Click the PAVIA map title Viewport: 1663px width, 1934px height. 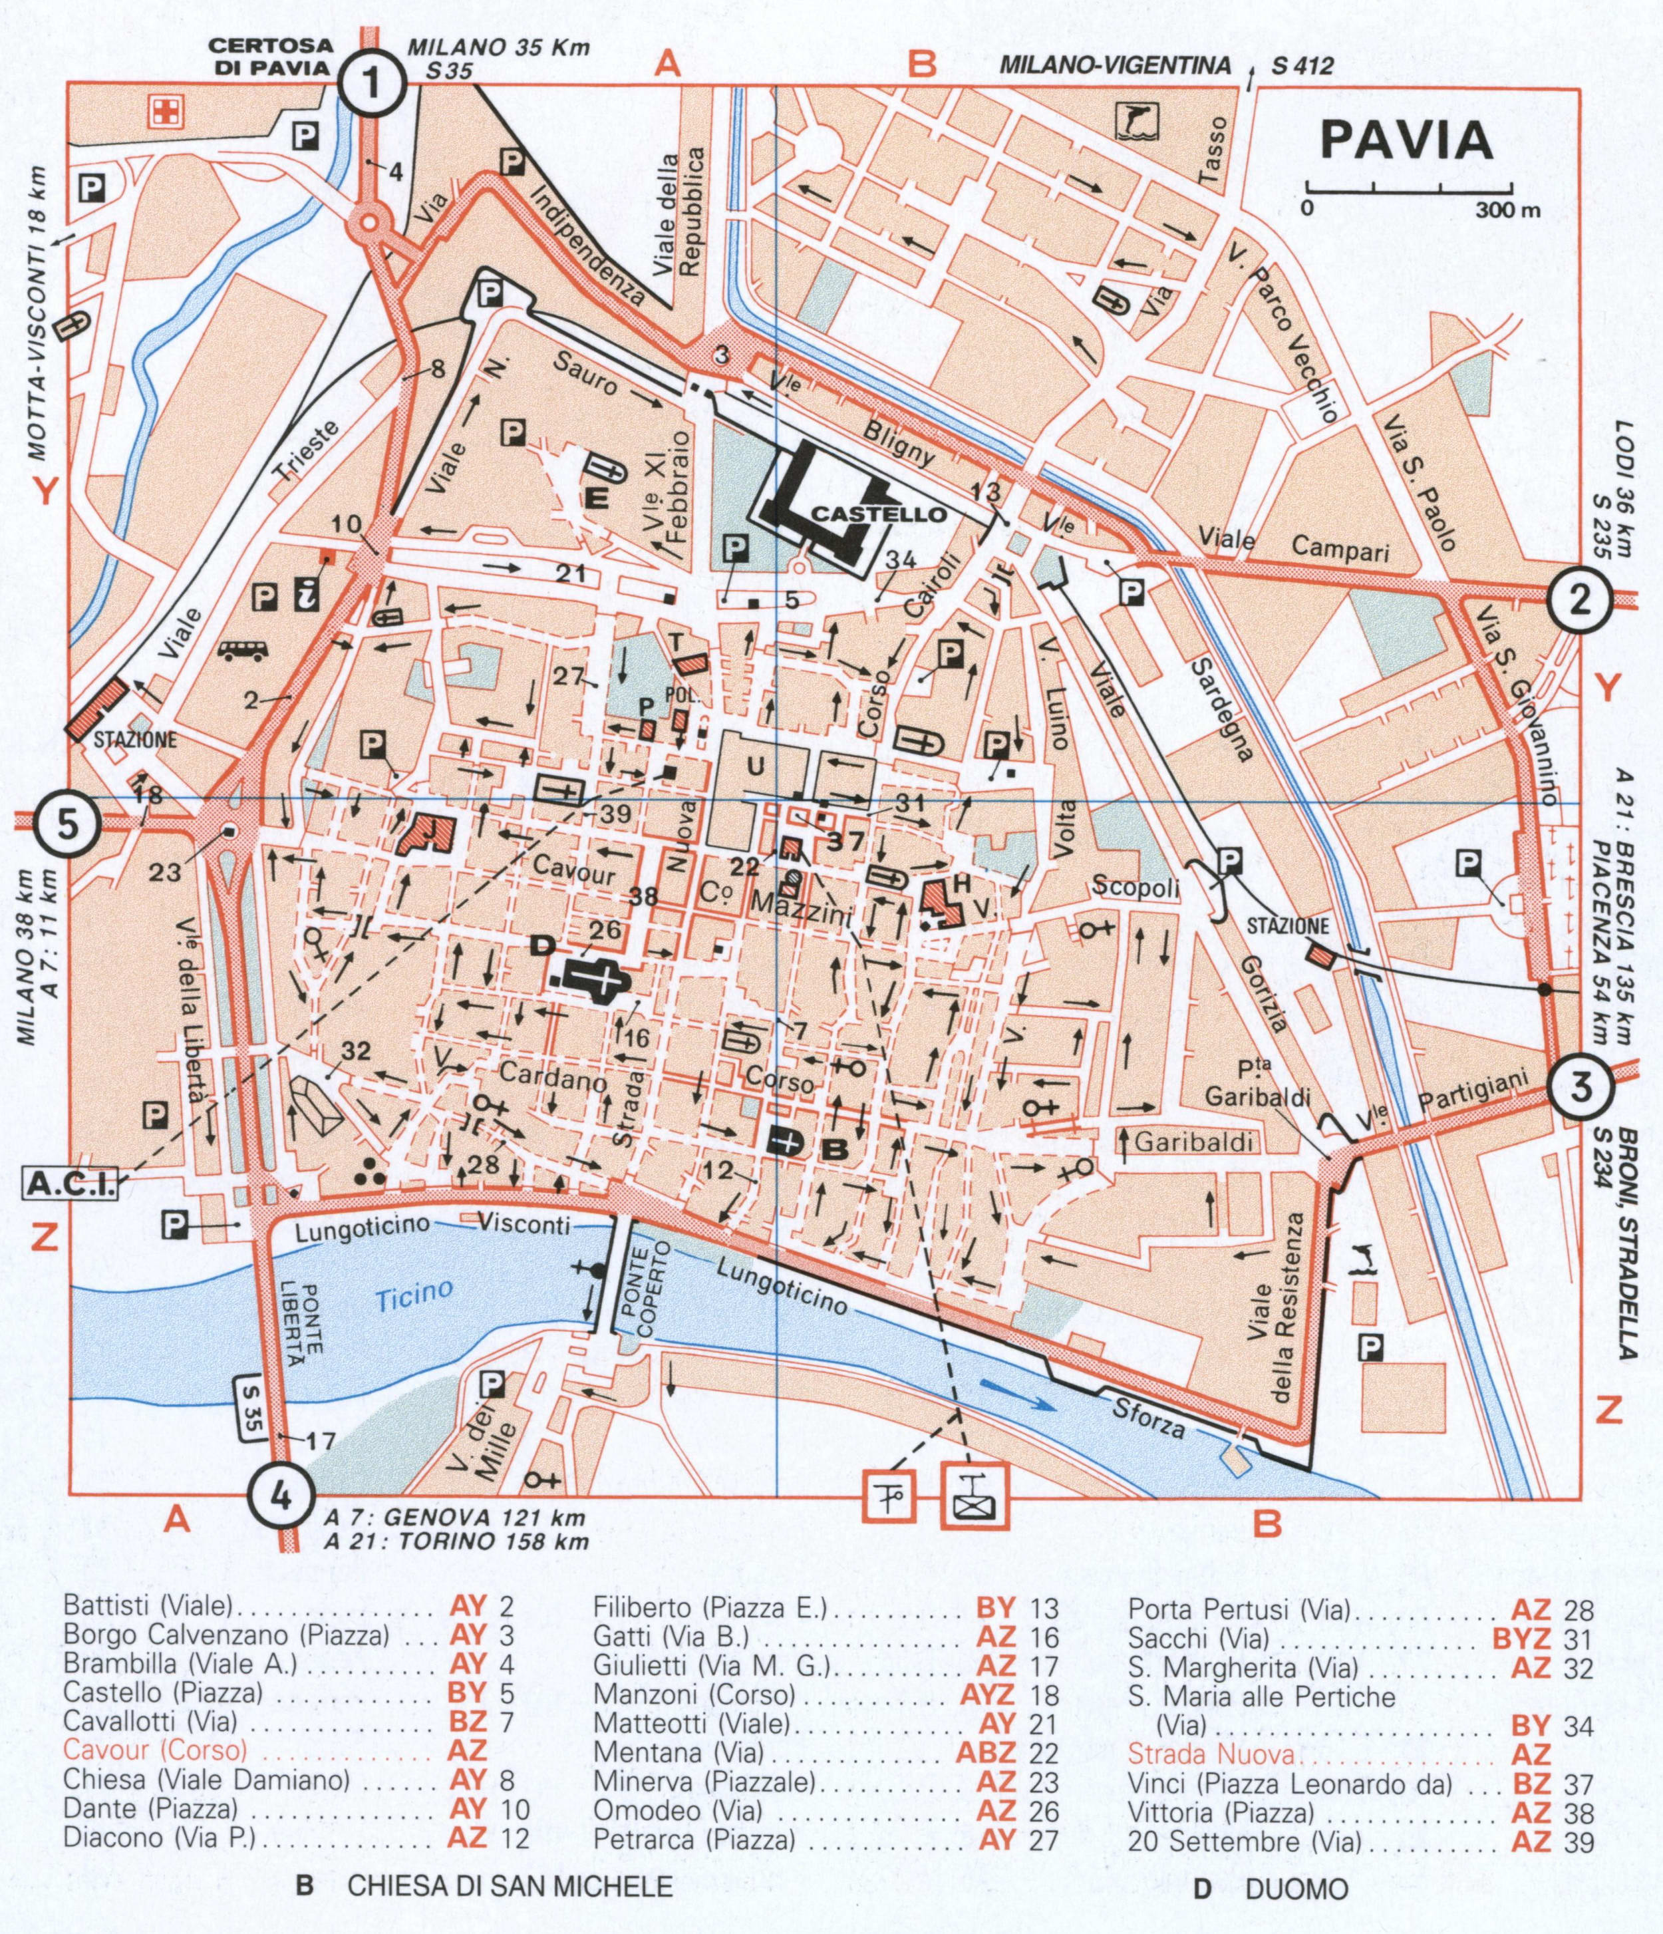(1408, 140)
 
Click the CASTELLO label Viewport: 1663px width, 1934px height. (879, 514)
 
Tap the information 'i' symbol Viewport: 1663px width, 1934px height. (306, 595)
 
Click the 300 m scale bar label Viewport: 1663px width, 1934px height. (1507, 210)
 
